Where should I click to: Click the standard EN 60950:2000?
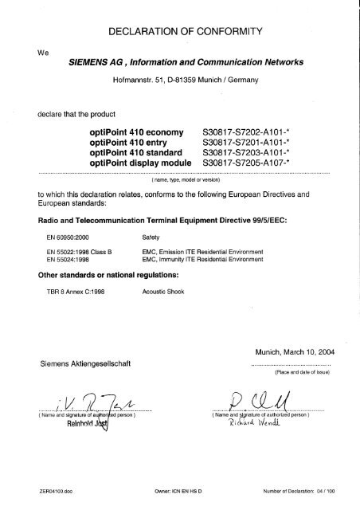pyautogui.click(x=64, y=237)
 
